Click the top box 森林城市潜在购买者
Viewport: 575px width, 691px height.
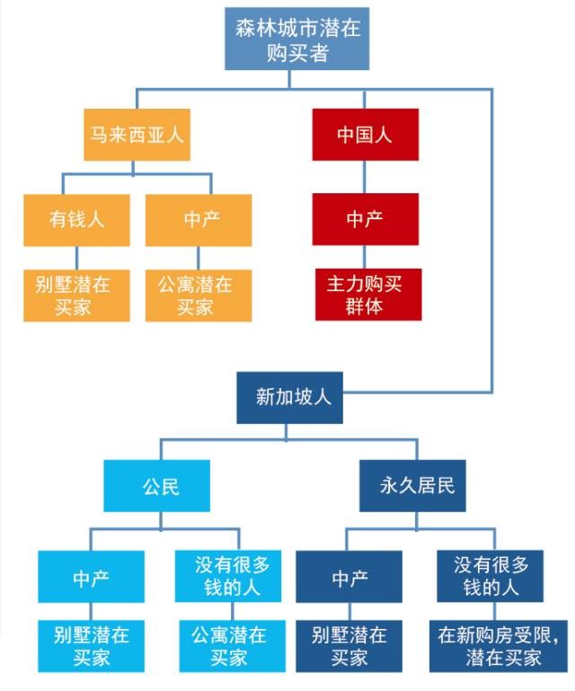(297, 39)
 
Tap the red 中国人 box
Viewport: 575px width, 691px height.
(365, 135)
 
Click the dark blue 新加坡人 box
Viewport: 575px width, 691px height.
(293, 397)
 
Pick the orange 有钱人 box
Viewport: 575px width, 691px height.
(76, 219)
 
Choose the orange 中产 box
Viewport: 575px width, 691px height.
(199, 219)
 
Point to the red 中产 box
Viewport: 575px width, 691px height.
(365, 219)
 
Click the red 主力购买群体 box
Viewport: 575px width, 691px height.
(365, 295)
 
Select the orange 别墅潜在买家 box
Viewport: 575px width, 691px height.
(76, 295)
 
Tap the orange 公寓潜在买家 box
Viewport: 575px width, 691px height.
(199, 295)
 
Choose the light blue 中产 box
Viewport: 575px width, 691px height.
(91, 578)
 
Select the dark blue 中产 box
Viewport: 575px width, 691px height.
(349, 578)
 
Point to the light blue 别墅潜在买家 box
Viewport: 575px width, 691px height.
(91, 645)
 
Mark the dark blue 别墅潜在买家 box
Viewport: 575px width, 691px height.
(349, 645)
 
